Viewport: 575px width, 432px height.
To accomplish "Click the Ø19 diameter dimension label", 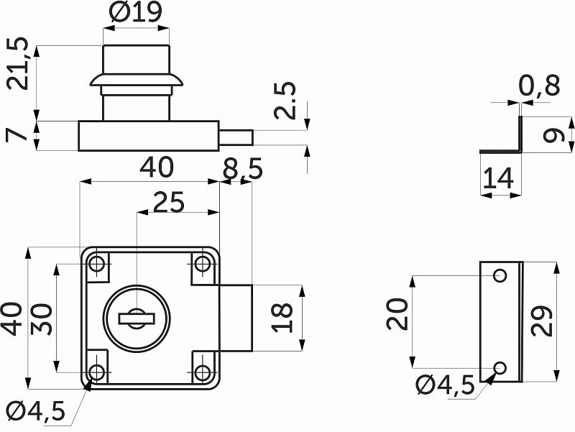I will pos(136,14).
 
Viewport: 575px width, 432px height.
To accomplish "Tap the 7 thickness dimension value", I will pos(19,134).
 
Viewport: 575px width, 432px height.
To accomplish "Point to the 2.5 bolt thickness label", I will pos(285,100).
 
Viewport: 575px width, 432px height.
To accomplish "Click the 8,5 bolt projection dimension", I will pos(242,170).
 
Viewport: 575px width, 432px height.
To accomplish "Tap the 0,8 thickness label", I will pos(539,86).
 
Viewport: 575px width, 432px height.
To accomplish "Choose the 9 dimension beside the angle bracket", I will pos(551,134).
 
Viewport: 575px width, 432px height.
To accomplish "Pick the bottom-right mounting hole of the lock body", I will pos(203,372).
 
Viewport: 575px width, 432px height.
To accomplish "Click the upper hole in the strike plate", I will pos(501,275).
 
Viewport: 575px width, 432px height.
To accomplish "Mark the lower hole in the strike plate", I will pos(501,367).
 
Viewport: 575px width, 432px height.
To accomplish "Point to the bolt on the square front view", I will pos(236,317).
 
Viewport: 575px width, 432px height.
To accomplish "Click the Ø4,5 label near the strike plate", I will pos(446,386).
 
